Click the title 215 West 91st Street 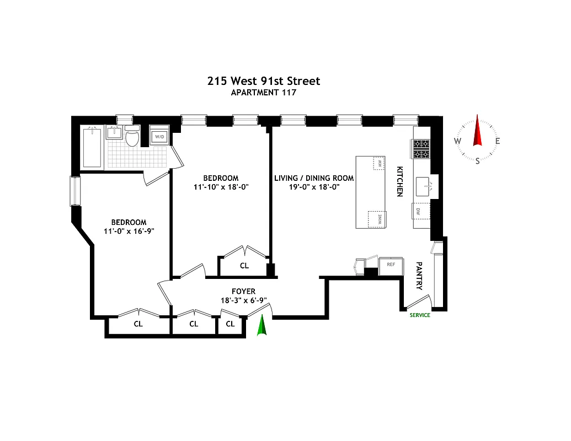(x=263, y=81)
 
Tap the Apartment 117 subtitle (x=263, y=93)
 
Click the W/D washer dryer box (x=159, y=137)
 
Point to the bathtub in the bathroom (x=92, y=147)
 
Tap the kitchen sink (x=425, y=186)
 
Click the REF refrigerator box (x=391, y=265)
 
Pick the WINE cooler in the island (x=377, y=219)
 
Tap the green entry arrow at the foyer (x=263, y=325)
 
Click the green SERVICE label (x=419, y=315)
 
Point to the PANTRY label (x=419, y=276)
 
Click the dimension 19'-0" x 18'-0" (x=314, y=187)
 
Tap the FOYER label (x=243, y=292)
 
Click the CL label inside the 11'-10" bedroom (x=244, y=266)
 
